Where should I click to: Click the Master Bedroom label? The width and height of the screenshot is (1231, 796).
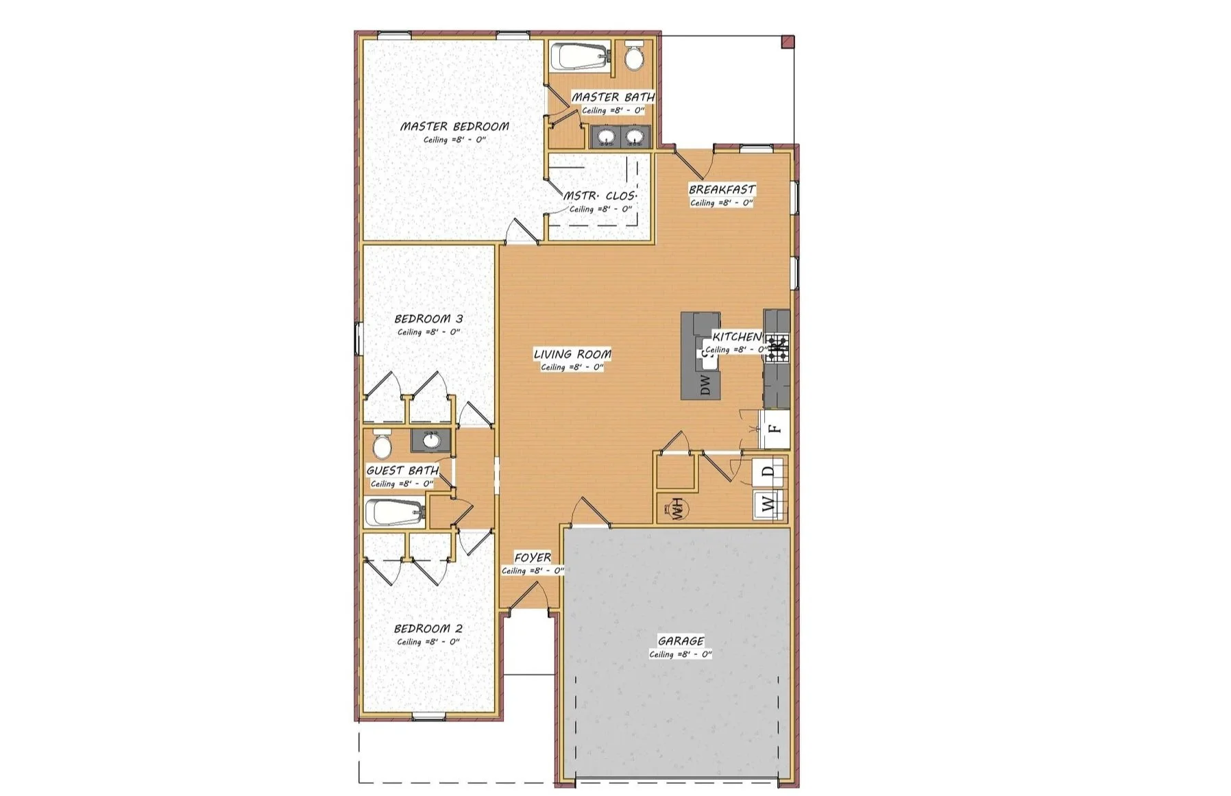454,127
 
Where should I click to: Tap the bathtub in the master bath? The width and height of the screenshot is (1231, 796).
581,55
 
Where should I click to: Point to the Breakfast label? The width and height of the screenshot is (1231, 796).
722,190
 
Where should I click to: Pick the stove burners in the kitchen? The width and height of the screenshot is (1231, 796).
777,347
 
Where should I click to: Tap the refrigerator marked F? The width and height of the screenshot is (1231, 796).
775,430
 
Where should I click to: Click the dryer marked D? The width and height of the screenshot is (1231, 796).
770,471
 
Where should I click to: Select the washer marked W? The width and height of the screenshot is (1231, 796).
770,506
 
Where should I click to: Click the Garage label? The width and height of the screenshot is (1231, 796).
681,641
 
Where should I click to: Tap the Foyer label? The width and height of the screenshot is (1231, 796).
533,558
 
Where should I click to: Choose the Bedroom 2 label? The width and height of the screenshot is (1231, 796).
428,629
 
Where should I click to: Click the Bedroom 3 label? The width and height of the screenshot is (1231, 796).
428,319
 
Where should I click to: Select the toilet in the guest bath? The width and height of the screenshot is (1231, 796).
381,445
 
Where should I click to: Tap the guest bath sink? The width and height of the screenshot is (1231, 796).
431,441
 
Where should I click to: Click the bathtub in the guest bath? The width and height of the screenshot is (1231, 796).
395,512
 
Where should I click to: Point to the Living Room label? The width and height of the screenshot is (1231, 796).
572,354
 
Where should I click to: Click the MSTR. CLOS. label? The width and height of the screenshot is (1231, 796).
600,196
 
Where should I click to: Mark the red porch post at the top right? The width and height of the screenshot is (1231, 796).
788,42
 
